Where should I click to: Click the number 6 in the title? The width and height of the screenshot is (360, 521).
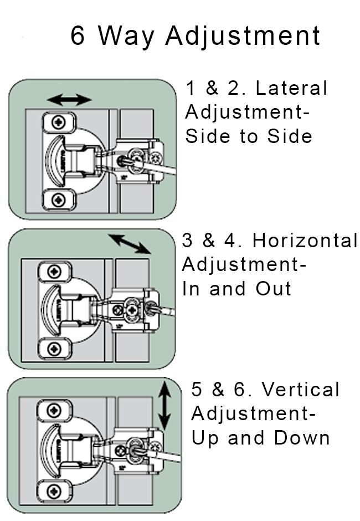click(79, 35)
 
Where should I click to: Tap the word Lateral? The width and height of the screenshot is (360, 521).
click(291, 88)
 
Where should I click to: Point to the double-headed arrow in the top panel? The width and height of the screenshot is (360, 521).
click(69, 100)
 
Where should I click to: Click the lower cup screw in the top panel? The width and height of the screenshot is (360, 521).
click(58, 198)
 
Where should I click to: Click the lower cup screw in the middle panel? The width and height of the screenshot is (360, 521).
click(54, 349)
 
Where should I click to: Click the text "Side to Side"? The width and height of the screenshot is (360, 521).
click(249, 136)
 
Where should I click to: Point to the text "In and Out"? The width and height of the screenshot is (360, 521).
click(237, 289)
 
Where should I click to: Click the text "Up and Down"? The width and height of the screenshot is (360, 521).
click(260, 438)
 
